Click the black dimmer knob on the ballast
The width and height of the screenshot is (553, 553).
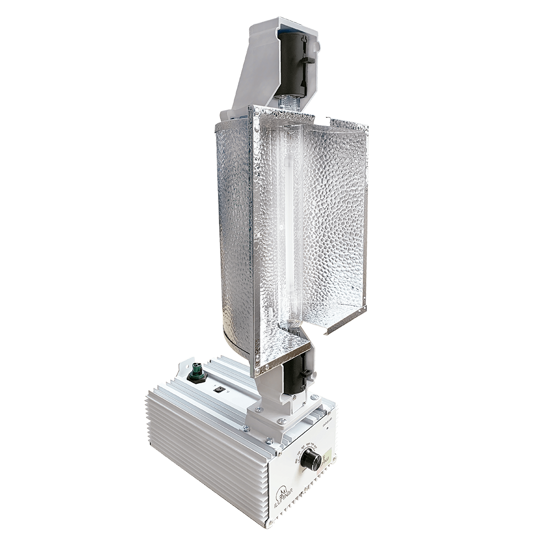coord(311,459)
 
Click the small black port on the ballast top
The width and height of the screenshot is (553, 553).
coord(220,389)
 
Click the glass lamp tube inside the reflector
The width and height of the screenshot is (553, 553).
coord(289,221)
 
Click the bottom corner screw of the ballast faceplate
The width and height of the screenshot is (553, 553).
coord(271,521)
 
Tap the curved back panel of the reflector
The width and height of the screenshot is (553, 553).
coord(232,232)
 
